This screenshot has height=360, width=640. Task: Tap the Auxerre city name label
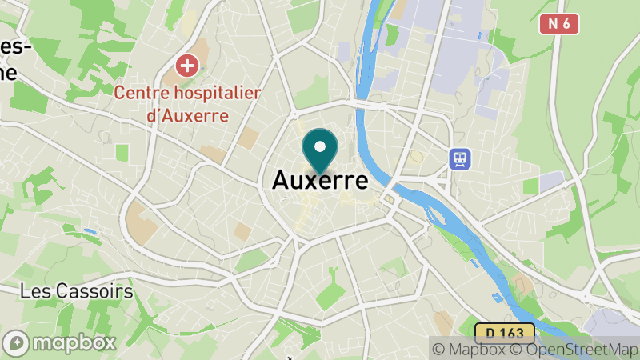tap(320, 180)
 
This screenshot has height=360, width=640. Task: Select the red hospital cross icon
tap(188, 66)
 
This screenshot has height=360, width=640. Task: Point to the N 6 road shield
tap(559, 24)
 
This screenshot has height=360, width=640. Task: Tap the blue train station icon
tap(460, 158)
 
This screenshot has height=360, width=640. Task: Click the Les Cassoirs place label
tap(77, 291)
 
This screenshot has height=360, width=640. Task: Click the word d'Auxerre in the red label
tap(188, 115)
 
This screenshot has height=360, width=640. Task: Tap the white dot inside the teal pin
tap(320, 146)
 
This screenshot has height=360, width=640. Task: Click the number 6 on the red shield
tap(566, 24)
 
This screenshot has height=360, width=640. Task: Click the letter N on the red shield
tap(553, 24)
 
